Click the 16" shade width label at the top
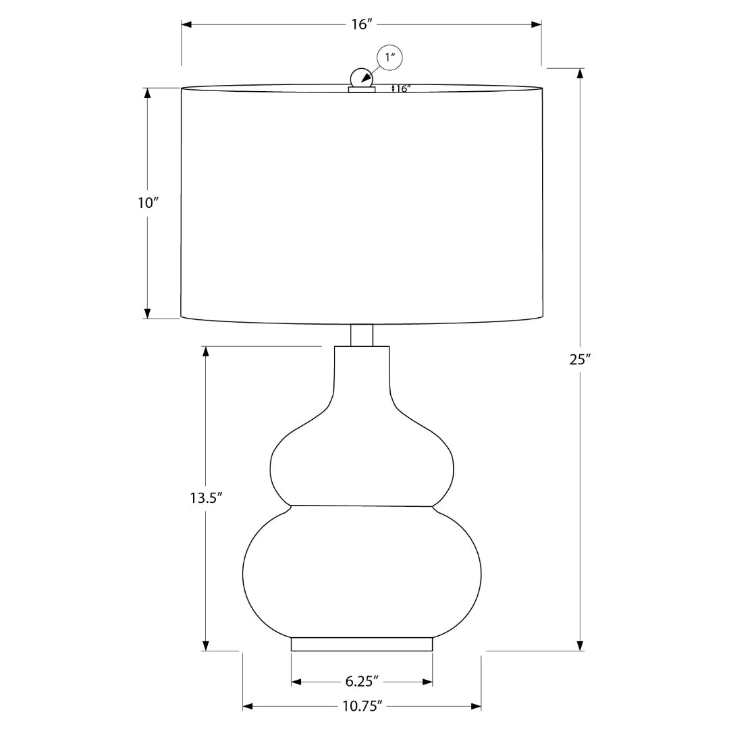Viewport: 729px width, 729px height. click(x=362, y=25)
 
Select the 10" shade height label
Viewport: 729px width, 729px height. click(x=148, y=203)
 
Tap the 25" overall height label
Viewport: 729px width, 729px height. click(x=580, y=359)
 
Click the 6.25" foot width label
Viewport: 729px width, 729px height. click(x=362, y=682)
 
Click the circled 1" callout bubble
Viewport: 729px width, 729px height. click(x=389, y=58)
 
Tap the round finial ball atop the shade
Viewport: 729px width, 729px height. click(x=361, y=78)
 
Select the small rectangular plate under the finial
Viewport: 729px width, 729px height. click(x=362, y=89)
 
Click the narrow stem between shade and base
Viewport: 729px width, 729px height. click(x=362, y=335)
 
